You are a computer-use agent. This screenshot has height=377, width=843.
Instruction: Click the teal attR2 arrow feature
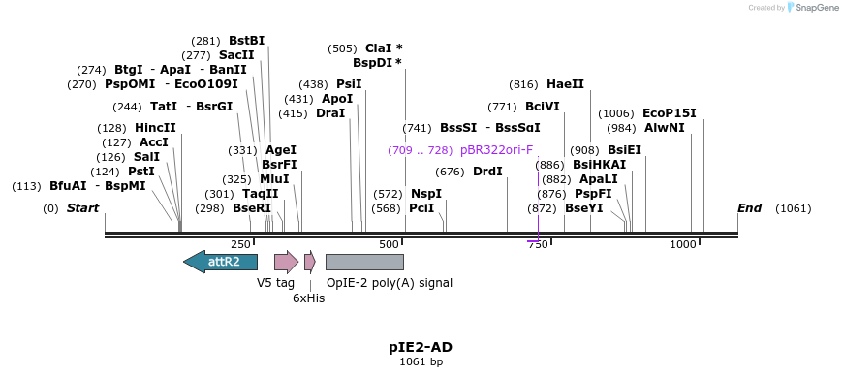pyautogui.click(x=220, y=262)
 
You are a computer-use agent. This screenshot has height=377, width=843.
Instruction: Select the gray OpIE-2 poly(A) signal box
pyautogui.click(x=364, y=262)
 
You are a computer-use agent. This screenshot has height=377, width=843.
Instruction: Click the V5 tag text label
pyautogui.click(x=275, y=283)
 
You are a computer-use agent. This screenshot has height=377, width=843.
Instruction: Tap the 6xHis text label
pyautogui.click(x=308, y=298)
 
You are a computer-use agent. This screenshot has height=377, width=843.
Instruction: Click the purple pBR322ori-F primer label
pyautogui.click(x=496, y=150)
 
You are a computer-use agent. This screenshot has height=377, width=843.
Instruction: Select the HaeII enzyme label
pyautogui.click(x=565, y=84)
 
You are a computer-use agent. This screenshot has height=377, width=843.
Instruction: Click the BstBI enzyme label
pyautogui.click(x=246, y=41)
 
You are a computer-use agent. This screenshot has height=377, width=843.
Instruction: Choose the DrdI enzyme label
pyautogui.click(x=487, y=172)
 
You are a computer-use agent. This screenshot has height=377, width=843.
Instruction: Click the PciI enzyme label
pyautogui.click(x=421, y=208)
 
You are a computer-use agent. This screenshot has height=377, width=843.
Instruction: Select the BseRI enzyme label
pyautogui.click(x=251, y=208)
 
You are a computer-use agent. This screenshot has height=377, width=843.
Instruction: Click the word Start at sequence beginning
pyautogui.click(x=82, y=208)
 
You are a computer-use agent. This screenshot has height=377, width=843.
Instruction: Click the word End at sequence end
pyautogui.click(x=749, y=208)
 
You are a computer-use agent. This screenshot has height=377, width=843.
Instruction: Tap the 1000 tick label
pyautogui.click(x=683, y=245)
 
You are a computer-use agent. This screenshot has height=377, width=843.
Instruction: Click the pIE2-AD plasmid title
pyautogui.click(x=421, y=347)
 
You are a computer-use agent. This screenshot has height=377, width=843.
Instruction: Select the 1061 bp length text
pyautogui.click(x=421, y=362)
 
